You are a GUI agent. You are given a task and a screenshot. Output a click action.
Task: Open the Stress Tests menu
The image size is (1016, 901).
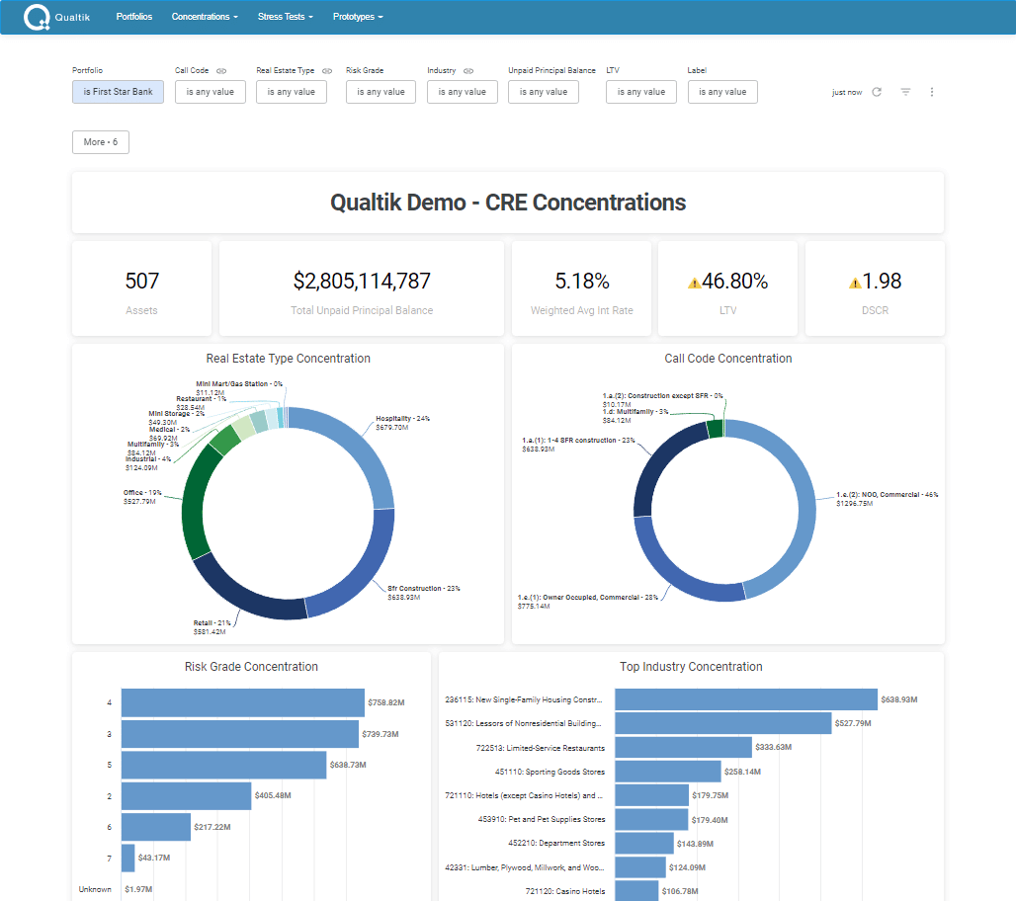[286, 17]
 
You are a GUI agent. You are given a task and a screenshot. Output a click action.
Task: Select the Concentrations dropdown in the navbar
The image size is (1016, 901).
[205, 17]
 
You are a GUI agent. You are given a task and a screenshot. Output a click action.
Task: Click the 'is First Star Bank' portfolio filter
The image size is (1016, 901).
[118, 92]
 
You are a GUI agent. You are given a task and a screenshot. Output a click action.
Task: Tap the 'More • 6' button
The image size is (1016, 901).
[101, 142]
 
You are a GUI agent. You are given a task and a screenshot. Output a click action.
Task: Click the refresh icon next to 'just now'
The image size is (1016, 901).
[877, 92]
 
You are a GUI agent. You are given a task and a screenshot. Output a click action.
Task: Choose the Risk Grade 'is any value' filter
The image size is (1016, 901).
[381, 92]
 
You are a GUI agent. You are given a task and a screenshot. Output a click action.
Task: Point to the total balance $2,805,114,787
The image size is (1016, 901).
[362, 282]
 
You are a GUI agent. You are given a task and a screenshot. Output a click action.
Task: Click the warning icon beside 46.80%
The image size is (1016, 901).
[694, 284]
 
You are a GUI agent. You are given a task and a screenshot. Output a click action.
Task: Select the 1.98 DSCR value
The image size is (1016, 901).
[882, 282]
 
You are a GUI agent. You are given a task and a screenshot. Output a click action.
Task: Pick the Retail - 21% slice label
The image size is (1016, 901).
[212, 622]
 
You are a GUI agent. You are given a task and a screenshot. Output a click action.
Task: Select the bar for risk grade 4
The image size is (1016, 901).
[242, 702]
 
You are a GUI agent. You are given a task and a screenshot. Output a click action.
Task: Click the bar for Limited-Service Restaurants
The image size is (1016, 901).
[696, 747]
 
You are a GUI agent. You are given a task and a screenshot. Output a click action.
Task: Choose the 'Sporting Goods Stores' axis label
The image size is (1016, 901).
[550, 772]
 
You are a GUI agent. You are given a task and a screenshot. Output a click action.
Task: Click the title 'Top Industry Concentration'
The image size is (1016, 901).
[691, 667]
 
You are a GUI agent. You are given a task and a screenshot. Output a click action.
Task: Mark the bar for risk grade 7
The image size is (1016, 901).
[127, 858]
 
